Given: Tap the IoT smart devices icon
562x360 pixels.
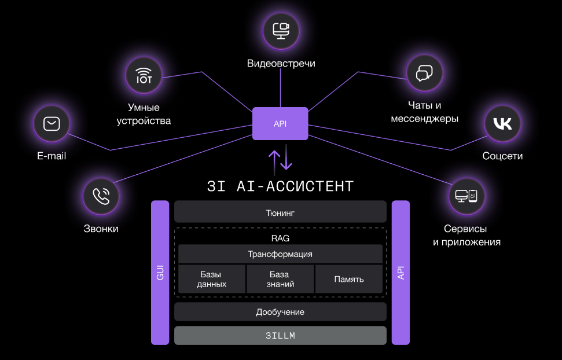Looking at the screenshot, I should pyautogui.click(x=144, y=75).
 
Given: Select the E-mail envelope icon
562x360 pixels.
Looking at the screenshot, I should pyautogui.click(x=52, y=123).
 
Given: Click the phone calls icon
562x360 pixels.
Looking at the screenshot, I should pyautogui.click(x=101, y=196).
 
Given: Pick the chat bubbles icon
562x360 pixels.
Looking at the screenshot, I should pyautogui.click(x=424, y=73).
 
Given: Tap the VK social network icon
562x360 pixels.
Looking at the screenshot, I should pyautogui.click(x=502, y=123).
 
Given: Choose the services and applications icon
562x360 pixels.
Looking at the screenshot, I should pyautogui.click(x=467, y=196).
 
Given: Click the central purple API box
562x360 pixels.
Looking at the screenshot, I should pyautogui.click(x=280, y=124).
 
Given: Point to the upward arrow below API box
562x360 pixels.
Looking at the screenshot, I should pyautogui.click(x=274, y=160).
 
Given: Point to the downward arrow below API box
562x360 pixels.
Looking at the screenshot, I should pyautogui.click(x=286, y=160).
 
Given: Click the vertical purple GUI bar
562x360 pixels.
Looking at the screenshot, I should pyautogui.click(x=160, y=273).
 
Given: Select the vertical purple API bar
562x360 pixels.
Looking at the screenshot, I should pyautogui.click(x=401, y=273).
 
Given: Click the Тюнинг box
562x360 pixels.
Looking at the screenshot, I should pyautogui.click(x=280, y=212).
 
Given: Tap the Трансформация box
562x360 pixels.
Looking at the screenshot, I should pyautogui.click(x=280, y=254).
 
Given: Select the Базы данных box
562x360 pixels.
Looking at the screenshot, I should pyautogui.click(x=211, y=279).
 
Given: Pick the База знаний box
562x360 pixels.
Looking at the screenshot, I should pyautogui.click(x=280, y=279).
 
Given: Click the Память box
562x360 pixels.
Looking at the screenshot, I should pyautogui.click(x=348, y=279).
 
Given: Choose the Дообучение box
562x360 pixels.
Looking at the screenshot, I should pyautogui.click(x=280, y=312).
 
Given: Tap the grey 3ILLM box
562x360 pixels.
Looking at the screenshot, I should pyautogui.click(x=280, y=336).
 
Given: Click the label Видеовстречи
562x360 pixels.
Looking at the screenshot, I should pyautogui.click(x=281, y=64).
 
